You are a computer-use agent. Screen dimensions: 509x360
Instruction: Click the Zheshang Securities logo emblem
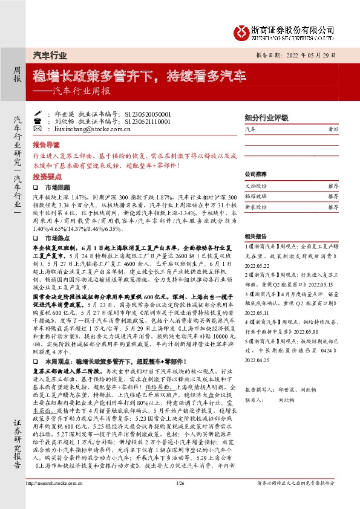point(242,31)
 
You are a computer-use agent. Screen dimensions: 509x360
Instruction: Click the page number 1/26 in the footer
point(180,499)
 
